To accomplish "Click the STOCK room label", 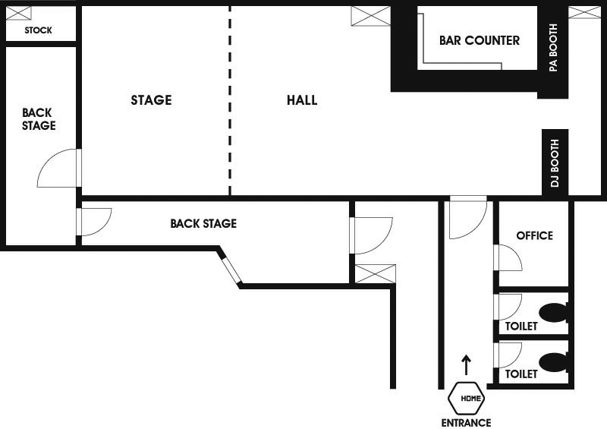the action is pos(38,30).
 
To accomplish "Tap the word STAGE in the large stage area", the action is pos(151,100).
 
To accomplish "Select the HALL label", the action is pos(302,100).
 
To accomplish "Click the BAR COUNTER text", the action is pos(480,40).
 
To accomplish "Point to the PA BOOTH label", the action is pos(554,47).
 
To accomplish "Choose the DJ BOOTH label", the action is pos(555,163).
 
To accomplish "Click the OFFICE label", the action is pos(535,235).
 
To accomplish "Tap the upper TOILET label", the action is pos(521,326).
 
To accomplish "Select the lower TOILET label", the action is pos(521,374).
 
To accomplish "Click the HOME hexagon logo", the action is pos(467,398).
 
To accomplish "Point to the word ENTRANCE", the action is pos(466,422).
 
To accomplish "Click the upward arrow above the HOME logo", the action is pos(467,364).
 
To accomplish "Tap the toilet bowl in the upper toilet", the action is pos(554,313).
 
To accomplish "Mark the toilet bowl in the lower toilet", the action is pos(554,361).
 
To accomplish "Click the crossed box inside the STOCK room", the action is pos(18,13).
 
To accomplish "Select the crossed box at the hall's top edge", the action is pos(370,16).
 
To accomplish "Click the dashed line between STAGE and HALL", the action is pos(230,100).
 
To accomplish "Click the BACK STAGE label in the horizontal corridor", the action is pos(203,223).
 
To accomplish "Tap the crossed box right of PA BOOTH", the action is pos(584,12).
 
